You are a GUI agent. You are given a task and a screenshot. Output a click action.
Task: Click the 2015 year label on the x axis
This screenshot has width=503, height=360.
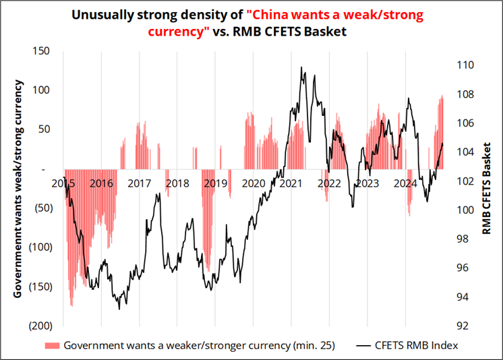(63, 183)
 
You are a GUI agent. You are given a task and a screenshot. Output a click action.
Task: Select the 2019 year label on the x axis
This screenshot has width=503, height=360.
(215, 183)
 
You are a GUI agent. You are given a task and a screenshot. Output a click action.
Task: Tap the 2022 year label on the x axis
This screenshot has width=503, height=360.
(328, 183)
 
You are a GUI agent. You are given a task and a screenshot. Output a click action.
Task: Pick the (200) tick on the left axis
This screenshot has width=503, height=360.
(40, 325)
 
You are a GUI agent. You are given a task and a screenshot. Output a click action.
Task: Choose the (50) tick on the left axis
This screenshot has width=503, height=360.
(42, 208)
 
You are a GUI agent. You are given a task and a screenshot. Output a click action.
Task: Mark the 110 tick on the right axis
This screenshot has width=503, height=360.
(465, 65)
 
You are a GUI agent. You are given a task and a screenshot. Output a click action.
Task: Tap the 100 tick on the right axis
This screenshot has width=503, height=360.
(465, 210)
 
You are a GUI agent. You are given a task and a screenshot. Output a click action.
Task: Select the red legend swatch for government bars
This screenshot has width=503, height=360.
(51, 346)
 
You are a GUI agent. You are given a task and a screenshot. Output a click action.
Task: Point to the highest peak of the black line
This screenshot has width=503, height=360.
(301, 67)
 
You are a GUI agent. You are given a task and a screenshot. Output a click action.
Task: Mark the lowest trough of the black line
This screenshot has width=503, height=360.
(119, 309)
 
